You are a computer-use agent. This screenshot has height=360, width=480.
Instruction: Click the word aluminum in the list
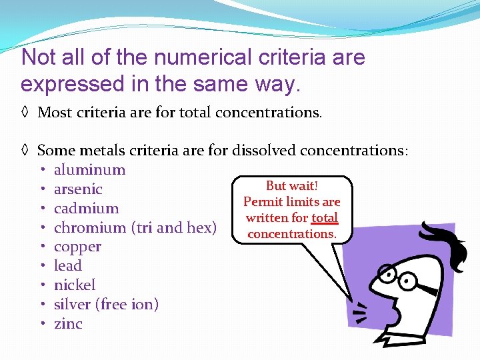(89, 170)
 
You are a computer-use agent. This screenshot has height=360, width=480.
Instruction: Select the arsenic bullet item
(78, 189)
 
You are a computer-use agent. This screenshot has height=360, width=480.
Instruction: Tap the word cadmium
(86, 209)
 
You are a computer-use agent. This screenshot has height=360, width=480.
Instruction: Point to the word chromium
(91, 228)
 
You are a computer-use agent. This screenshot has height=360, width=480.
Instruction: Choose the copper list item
(77, 247)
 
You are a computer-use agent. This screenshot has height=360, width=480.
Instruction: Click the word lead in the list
(67, 266)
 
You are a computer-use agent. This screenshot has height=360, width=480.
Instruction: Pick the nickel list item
(75, 285)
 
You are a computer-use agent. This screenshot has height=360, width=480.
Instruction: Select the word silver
(73, 305)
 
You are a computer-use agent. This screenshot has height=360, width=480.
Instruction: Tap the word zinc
(68, 324)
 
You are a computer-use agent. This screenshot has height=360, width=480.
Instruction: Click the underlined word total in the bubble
(325, 218)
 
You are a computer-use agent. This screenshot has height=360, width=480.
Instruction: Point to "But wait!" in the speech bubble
(291, 186)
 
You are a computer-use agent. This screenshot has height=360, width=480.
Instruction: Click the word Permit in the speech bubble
(261, 202)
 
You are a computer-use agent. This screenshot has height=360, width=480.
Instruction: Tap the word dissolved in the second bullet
(263, 151)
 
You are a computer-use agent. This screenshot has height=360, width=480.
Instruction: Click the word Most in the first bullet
(54, 112)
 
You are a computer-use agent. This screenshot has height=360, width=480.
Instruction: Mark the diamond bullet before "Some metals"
(25, 151)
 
